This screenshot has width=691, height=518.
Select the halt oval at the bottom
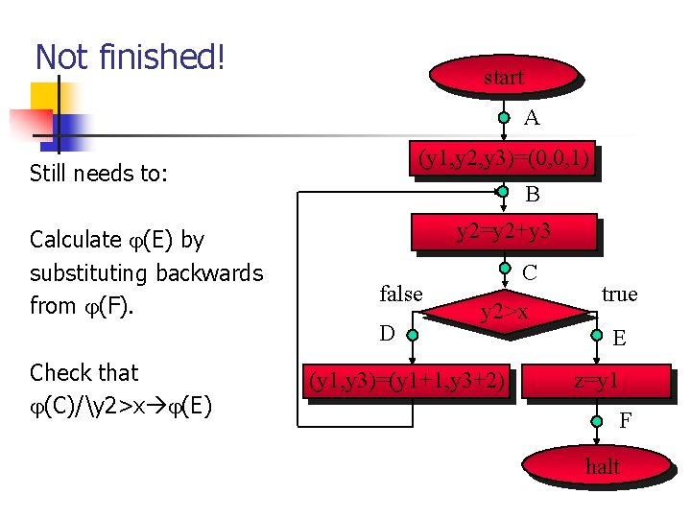point(603,467)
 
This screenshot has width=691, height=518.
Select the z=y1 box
point(596,382)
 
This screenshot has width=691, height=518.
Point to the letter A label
point(532,118)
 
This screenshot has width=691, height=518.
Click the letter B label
point(532,194)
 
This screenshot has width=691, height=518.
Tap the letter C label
point(530,272)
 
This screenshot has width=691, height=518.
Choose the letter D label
point(387,334)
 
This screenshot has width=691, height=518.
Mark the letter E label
point(620,338)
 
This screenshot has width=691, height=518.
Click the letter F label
point(625,420)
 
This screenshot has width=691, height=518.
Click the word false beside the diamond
point(401,294)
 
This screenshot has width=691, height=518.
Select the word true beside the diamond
point(619,294)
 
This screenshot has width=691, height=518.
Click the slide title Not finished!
point(130,58)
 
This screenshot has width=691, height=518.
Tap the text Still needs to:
point(99,174)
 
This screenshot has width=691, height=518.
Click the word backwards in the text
point(208,272)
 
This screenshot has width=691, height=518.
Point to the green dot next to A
point(505,118)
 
